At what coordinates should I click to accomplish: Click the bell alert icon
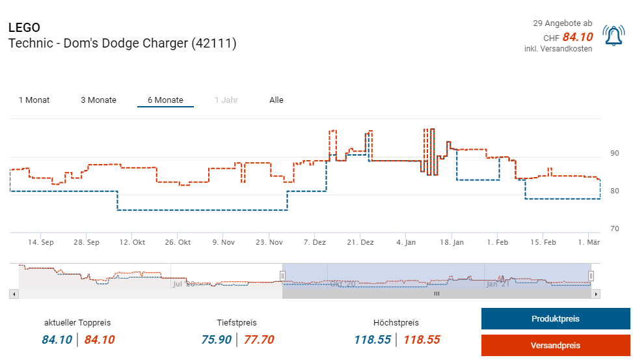[x=613, y=36]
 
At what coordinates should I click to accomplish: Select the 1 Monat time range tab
[x=34, y=100]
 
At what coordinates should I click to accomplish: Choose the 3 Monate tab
[x=98, y=100]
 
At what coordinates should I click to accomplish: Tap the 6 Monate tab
[x=165, y=100]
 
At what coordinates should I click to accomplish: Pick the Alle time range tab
[x=276, y=100]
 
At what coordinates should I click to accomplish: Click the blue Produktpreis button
[x=555, y=319]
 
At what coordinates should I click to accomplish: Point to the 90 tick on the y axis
[x=615, y=154]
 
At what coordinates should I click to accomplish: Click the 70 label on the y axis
[x=615, y=229]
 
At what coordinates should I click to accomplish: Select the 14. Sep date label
[x=41, y=242]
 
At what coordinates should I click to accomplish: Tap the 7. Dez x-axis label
[x=314, y=242]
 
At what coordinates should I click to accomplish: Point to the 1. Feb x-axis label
[x=498, y=242]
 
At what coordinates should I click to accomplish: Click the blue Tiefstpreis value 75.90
[x=217, y=339]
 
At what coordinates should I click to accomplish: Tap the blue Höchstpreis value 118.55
[x=373, y=339]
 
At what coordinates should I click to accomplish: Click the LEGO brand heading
[x=24, y=28]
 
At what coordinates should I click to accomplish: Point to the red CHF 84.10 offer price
[x=577, y=37]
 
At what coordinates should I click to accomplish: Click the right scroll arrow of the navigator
[x=596, y=294]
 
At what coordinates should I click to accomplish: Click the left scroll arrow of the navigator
[x=14, y=294]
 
